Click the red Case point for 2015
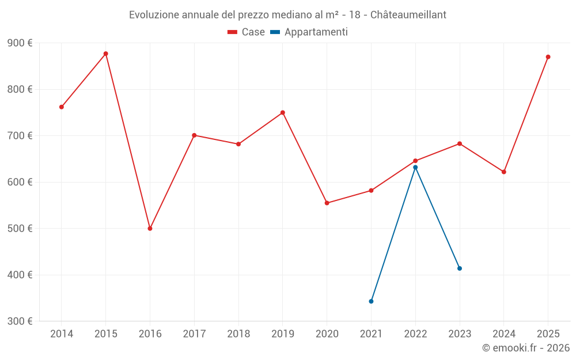106,54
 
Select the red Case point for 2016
150,229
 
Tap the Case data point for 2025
548,57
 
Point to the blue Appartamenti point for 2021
371,301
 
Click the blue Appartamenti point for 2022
415,167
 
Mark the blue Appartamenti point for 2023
460,268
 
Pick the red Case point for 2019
283,112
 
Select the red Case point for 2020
327,203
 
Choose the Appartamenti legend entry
309,32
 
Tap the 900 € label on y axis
20,43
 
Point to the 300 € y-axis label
20,321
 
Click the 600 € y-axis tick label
20,182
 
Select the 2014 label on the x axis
62,334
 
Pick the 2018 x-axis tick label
238,334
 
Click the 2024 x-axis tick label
503,334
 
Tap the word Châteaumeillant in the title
408,14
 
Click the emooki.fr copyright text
526,348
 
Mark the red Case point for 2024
503,172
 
